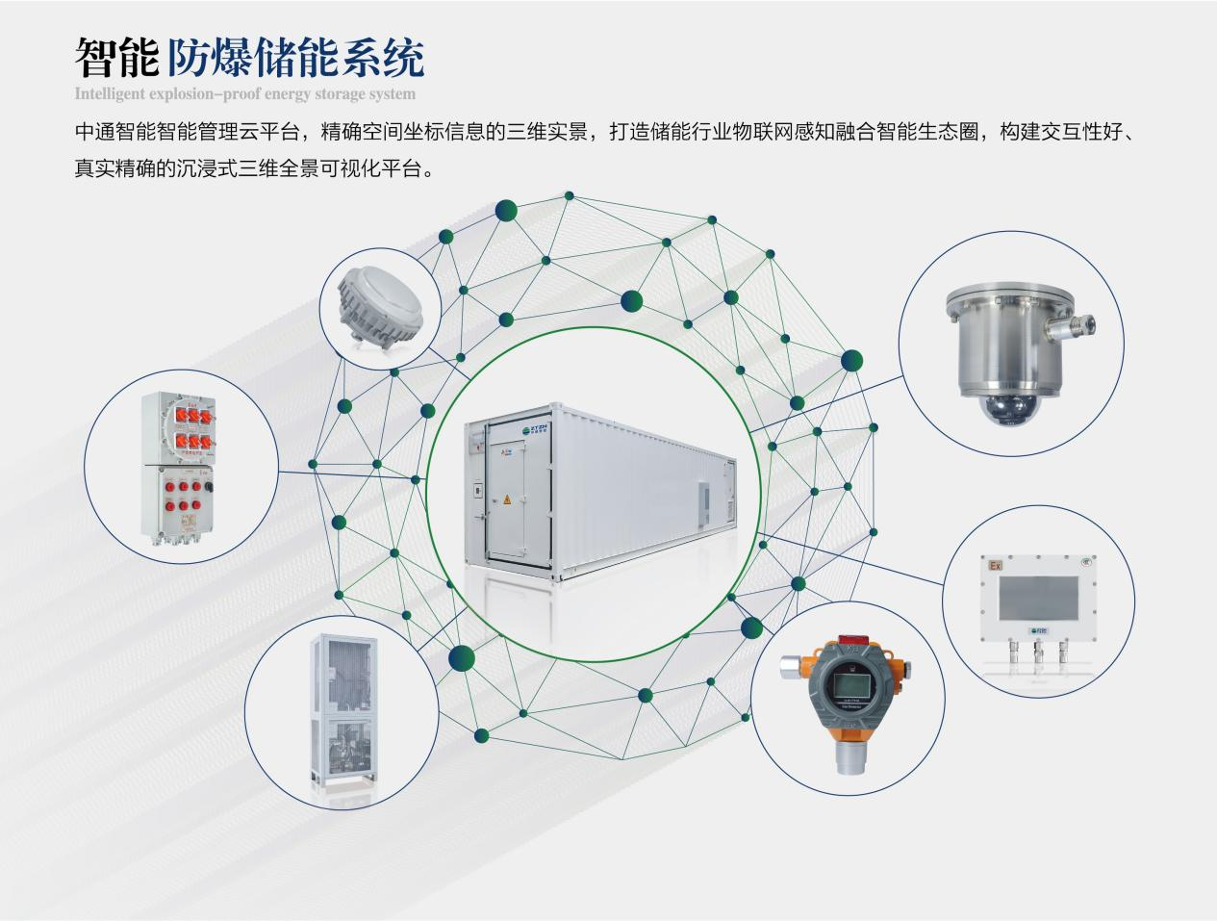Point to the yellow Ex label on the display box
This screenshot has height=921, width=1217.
click(993, 566)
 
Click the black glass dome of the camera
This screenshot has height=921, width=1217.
click(1003, 408)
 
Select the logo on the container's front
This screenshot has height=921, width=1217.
click(533, 429)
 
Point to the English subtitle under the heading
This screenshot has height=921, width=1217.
click(245, 94)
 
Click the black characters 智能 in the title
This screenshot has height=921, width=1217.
click(116, 58)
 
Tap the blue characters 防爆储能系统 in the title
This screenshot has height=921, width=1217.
click(295, 58)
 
